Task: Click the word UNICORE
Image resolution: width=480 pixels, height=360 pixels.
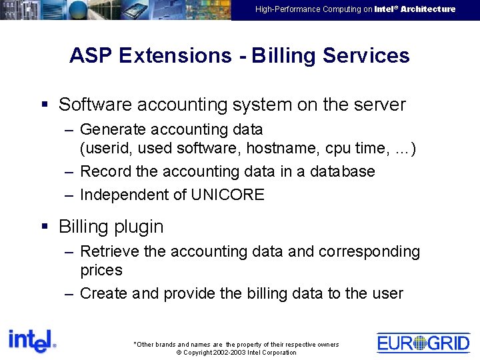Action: [228, 195]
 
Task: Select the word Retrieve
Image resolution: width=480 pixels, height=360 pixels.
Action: [110, 251]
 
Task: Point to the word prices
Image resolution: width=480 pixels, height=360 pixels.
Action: [101, 270]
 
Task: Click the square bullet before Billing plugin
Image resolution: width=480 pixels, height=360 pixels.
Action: [46, 226]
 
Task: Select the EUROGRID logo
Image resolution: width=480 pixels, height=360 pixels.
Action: [423, 343]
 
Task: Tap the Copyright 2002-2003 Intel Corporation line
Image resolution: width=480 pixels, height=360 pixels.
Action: [236, 353]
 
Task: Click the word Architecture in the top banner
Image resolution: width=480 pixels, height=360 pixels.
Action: [428, 9]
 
